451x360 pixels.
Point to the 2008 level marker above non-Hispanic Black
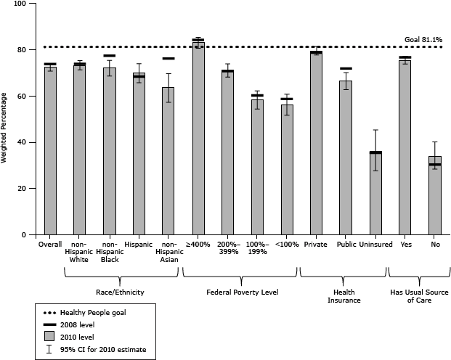(109, 56)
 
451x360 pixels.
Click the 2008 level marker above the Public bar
(346, 69)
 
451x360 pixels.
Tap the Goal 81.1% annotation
(423, 41)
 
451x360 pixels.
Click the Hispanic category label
(139, 245)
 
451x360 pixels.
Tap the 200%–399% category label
(227, 250)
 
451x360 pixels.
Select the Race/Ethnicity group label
(122, 292)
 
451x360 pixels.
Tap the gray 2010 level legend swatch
(49, 336)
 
